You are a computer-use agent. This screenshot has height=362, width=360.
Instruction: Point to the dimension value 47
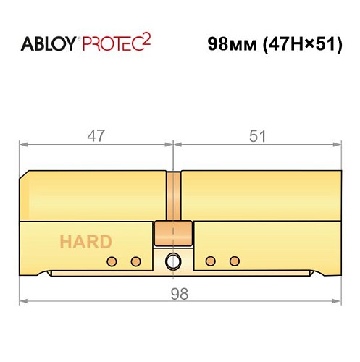tap(96, 135)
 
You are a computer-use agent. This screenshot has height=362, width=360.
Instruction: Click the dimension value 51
tap(257, 135)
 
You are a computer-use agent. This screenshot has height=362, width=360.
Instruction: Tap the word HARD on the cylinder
tap(85, 242)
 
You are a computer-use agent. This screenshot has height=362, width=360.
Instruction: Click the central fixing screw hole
tap(173, 261)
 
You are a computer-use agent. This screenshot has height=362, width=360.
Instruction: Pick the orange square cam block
tap(173, 233)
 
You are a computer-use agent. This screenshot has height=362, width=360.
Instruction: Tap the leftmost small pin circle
tap(111, 261)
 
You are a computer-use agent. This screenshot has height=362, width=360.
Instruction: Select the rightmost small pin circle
tap(233, 261)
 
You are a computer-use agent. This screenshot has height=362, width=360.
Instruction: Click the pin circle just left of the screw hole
tap(135, 261)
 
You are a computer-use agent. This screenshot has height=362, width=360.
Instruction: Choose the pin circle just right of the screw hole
tap(210, 261)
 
